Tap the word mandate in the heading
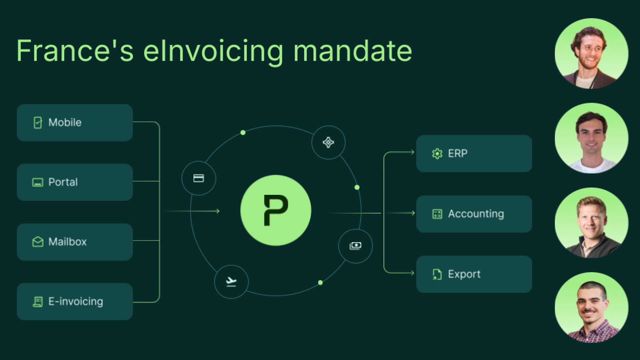click(x=353, y=51)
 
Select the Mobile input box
click(x=75, y=123)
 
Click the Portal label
click(x=63, y=182)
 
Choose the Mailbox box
click(x=75, y=242)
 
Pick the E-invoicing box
click(x=75, y=302)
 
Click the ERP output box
click(x=474, y=154)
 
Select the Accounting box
click(x=474, y=214)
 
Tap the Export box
click(x=474, y=274)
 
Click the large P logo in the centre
click(x=276, y=210)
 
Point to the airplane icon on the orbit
click(x=231, y=282)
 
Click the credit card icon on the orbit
click(x=199, y=178)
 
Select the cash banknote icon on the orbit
click(x=355, y=246)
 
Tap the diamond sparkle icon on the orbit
click(x=328, y=142)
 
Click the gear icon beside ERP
click(x=437, y=154)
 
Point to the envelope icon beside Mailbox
click(x=38, y=242)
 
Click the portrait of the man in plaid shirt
click(x=592, y=308)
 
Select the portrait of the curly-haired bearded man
click(x=592, y=54)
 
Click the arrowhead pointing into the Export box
click(x=413, y=273)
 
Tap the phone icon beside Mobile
click(x=38, y=123)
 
